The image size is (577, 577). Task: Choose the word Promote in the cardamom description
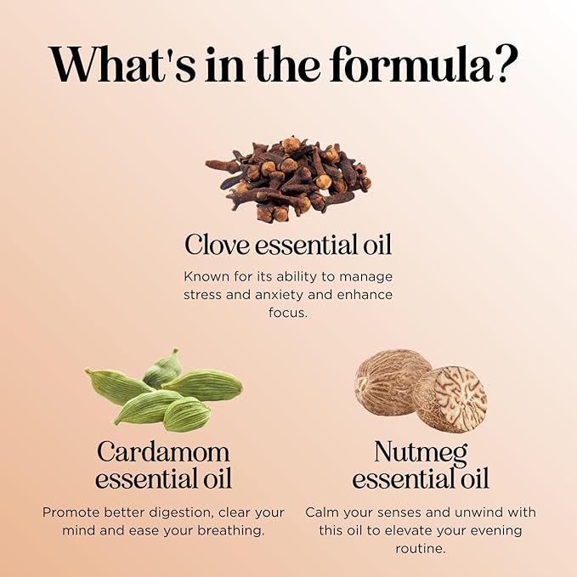(x=68, y=512)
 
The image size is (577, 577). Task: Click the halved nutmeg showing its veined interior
(x=450, y=399)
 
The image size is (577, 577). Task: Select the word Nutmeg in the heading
(x=421, y=451)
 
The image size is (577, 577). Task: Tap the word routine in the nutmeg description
(x=421, y=548)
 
